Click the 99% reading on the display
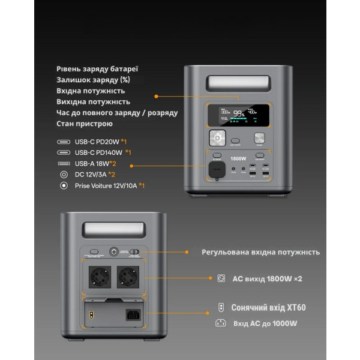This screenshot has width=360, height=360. pos(239,113)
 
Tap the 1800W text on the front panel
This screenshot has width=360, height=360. pos(238,158)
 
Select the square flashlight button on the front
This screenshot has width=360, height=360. pos(215,139)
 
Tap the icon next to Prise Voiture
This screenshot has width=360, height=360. pos(63,186)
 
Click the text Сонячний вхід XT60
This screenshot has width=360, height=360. pos(268,308)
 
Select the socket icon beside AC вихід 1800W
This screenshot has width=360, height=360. pos(221,278)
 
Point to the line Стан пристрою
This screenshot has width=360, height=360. pos(85,124)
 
